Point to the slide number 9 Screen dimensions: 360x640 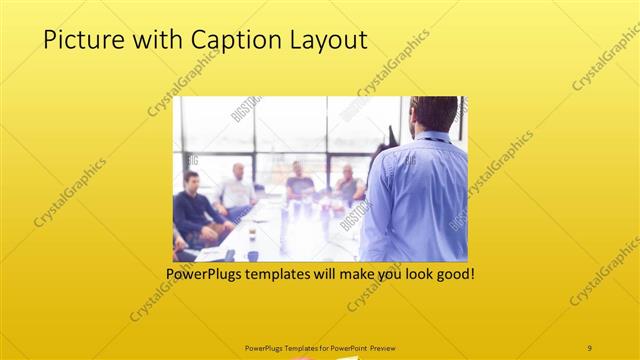click(589, 347)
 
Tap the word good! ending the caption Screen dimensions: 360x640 click(451, 273)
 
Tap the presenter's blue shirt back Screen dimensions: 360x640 click(418, 200)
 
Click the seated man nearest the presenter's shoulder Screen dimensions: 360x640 click(347, 185)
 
